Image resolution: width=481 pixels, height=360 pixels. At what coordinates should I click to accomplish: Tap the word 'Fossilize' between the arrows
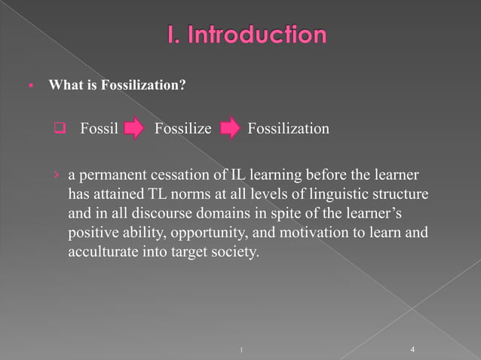tap(182, 129)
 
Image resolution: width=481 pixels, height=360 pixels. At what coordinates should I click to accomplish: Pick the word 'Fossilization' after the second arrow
tap(288, 129)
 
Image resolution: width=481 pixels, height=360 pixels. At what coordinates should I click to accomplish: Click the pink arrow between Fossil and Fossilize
tap(133, 130)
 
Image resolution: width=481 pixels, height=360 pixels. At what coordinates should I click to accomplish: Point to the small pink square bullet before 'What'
tap(32, 86)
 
